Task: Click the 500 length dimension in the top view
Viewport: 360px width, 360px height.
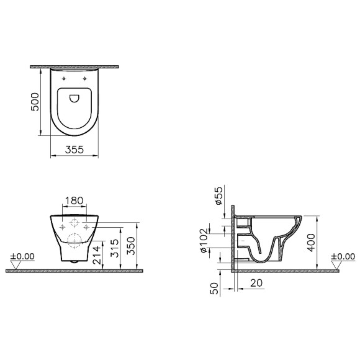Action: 35,100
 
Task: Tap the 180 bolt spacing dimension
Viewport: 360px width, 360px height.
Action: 73,200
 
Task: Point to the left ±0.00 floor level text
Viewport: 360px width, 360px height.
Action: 23,256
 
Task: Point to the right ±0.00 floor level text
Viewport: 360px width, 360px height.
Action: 342,256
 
